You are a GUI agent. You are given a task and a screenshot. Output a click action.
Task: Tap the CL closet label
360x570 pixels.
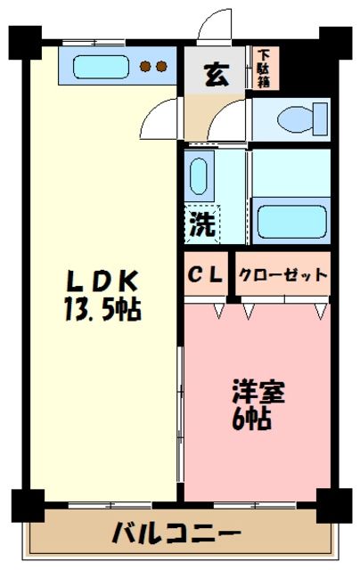coord(206,274)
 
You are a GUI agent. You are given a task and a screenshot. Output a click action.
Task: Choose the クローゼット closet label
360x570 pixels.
coord(282,275)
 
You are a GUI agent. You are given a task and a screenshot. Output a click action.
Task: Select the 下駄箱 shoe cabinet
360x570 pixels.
coord(265,69)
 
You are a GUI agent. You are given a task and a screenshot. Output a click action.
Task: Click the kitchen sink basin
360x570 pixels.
coord(99,67)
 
